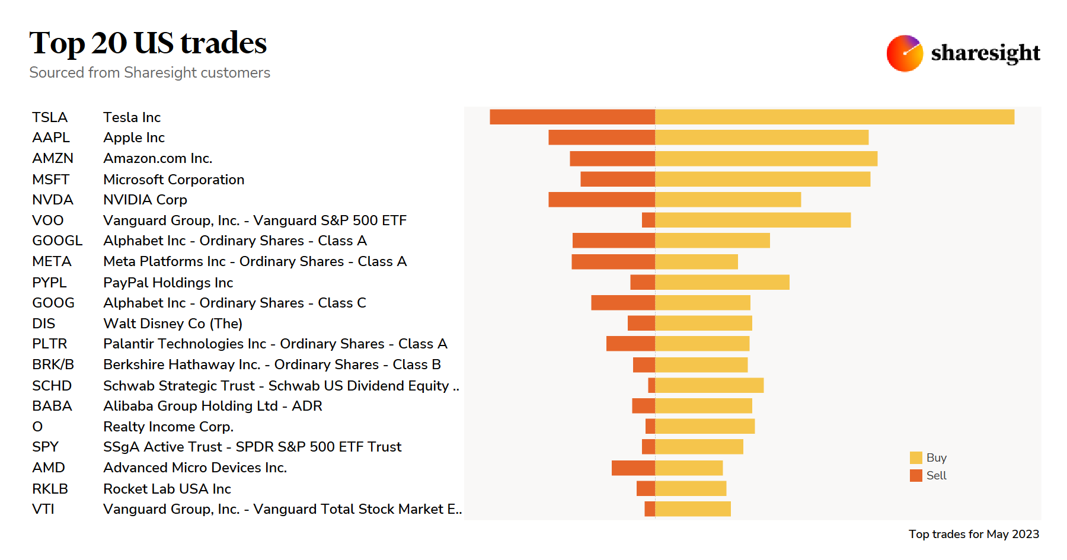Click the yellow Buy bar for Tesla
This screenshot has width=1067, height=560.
pyautogui.click(x=835, y=117)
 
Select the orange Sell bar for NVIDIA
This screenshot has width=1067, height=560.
pyautogui.click(x=602, y=200)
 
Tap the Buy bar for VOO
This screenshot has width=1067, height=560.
pyautogui.click(x=753, y=220)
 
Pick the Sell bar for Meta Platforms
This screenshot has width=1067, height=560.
pyautogui.click(x=613, y=261)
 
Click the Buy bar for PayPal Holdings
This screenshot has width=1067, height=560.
pyautogui.click(x=722, y=282)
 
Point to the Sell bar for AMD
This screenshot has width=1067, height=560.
pyautogui.click(x=633, y=468)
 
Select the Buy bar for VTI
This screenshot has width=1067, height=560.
pyautogui.click(x=693, y=508)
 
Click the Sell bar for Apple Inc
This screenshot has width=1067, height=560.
pyautogui.click(x=602, y=137)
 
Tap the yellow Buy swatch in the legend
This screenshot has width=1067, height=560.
pyautogui.click(x=916, y=457)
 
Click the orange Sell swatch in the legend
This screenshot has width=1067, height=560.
pyautogui.click(x=916, y=475)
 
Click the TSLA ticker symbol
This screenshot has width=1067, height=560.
pyautogui.click(x=50, y=117)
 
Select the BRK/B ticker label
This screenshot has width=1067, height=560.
pyautogui.click(x=53, y=364)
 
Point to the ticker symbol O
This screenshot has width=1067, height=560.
pyautogui.click(x=37, y=427)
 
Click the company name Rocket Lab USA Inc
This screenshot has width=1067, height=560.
pyautogui.click(x=167, y=489)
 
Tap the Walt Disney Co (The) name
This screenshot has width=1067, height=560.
pyautogui.click(x=172, y=324)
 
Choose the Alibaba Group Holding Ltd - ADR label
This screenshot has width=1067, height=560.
pyautogui.click(x=212, y=406)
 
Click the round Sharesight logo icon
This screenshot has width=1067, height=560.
pyautogui.click(x=904, y=53)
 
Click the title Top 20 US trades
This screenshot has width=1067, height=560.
pyautogui.click(x=148, y=43)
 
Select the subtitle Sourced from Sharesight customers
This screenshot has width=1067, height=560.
pyautogui.click(x=149, y=72)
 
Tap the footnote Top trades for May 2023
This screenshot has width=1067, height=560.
pyautogui.click(x=973, y=534)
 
